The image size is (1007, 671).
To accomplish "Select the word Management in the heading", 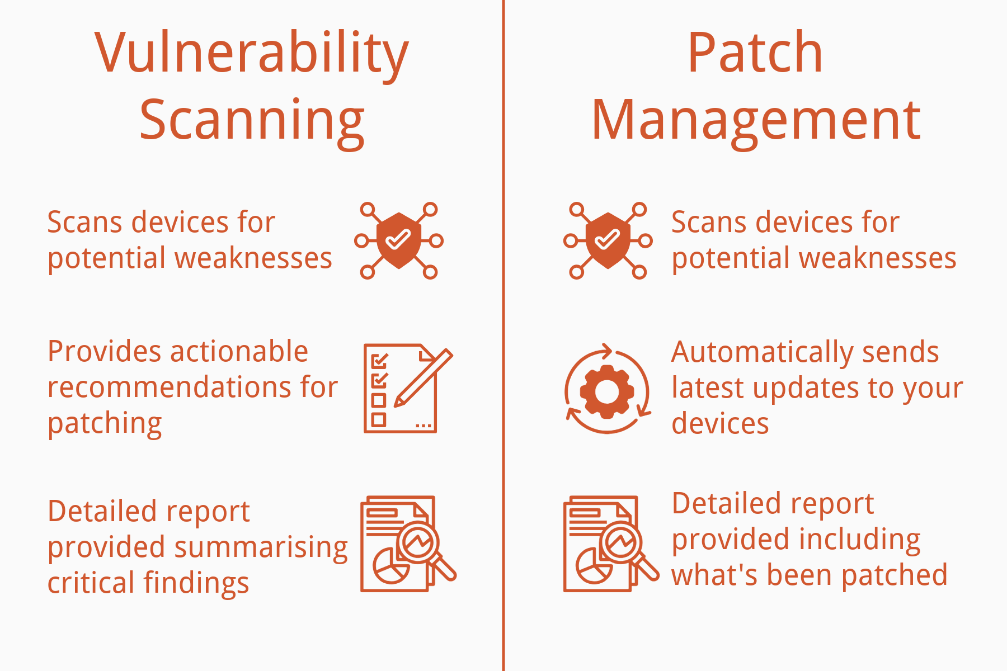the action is (755, 120).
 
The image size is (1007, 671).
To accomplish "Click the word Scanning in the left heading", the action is (252, 120).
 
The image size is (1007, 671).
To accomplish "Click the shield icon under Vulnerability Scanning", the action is (398, 240).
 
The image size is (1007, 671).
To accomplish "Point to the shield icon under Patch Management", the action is (608, 240).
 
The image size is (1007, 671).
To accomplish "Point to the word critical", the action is (84, 583).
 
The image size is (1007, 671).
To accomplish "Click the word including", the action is (859, 540).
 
